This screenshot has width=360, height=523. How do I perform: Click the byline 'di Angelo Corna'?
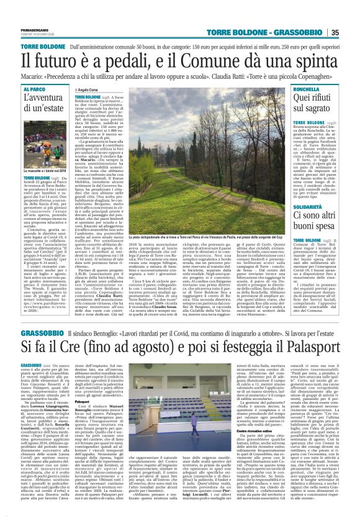point(92,89)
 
